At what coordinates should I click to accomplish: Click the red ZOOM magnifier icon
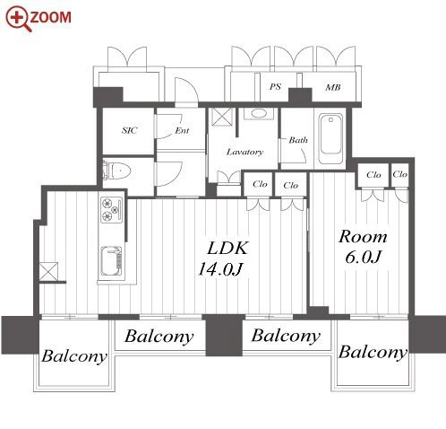click(x=19, y=19)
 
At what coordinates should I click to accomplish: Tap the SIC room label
click(x=130, y=130)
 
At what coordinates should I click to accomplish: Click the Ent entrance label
click(x=182, y=130)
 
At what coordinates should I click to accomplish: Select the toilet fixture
click(x=117, y=171)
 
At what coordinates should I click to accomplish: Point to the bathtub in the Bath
click(x=330, y=138)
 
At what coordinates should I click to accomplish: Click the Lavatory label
click(x=244, y=152)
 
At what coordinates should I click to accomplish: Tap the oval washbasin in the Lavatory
click(x=259, y=114)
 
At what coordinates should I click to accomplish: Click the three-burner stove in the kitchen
click(x=111, y=209)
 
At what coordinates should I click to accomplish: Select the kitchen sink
click(x=111, y=261)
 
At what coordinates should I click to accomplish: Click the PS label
click(x=275, y=86)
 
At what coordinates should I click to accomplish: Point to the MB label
click(x=333, y=87)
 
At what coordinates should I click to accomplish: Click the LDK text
click(x=227, y=248)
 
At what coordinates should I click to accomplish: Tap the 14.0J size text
click(x=219, y=268)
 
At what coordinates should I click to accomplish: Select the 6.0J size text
click(x=363, y=257)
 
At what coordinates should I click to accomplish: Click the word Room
click(x=363, y=237)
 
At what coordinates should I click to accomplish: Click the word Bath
click(x=298, y=140)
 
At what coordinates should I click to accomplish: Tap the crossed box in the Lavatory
click(x=221, y=117)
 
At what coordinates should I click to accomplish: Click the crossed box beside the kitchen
click(x=48, y=272)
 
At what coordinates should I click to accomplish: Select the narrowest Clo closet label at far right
click(x=399, y=174)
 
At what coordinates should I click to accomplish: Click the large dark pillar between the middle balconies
click(x=224, y=335)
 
